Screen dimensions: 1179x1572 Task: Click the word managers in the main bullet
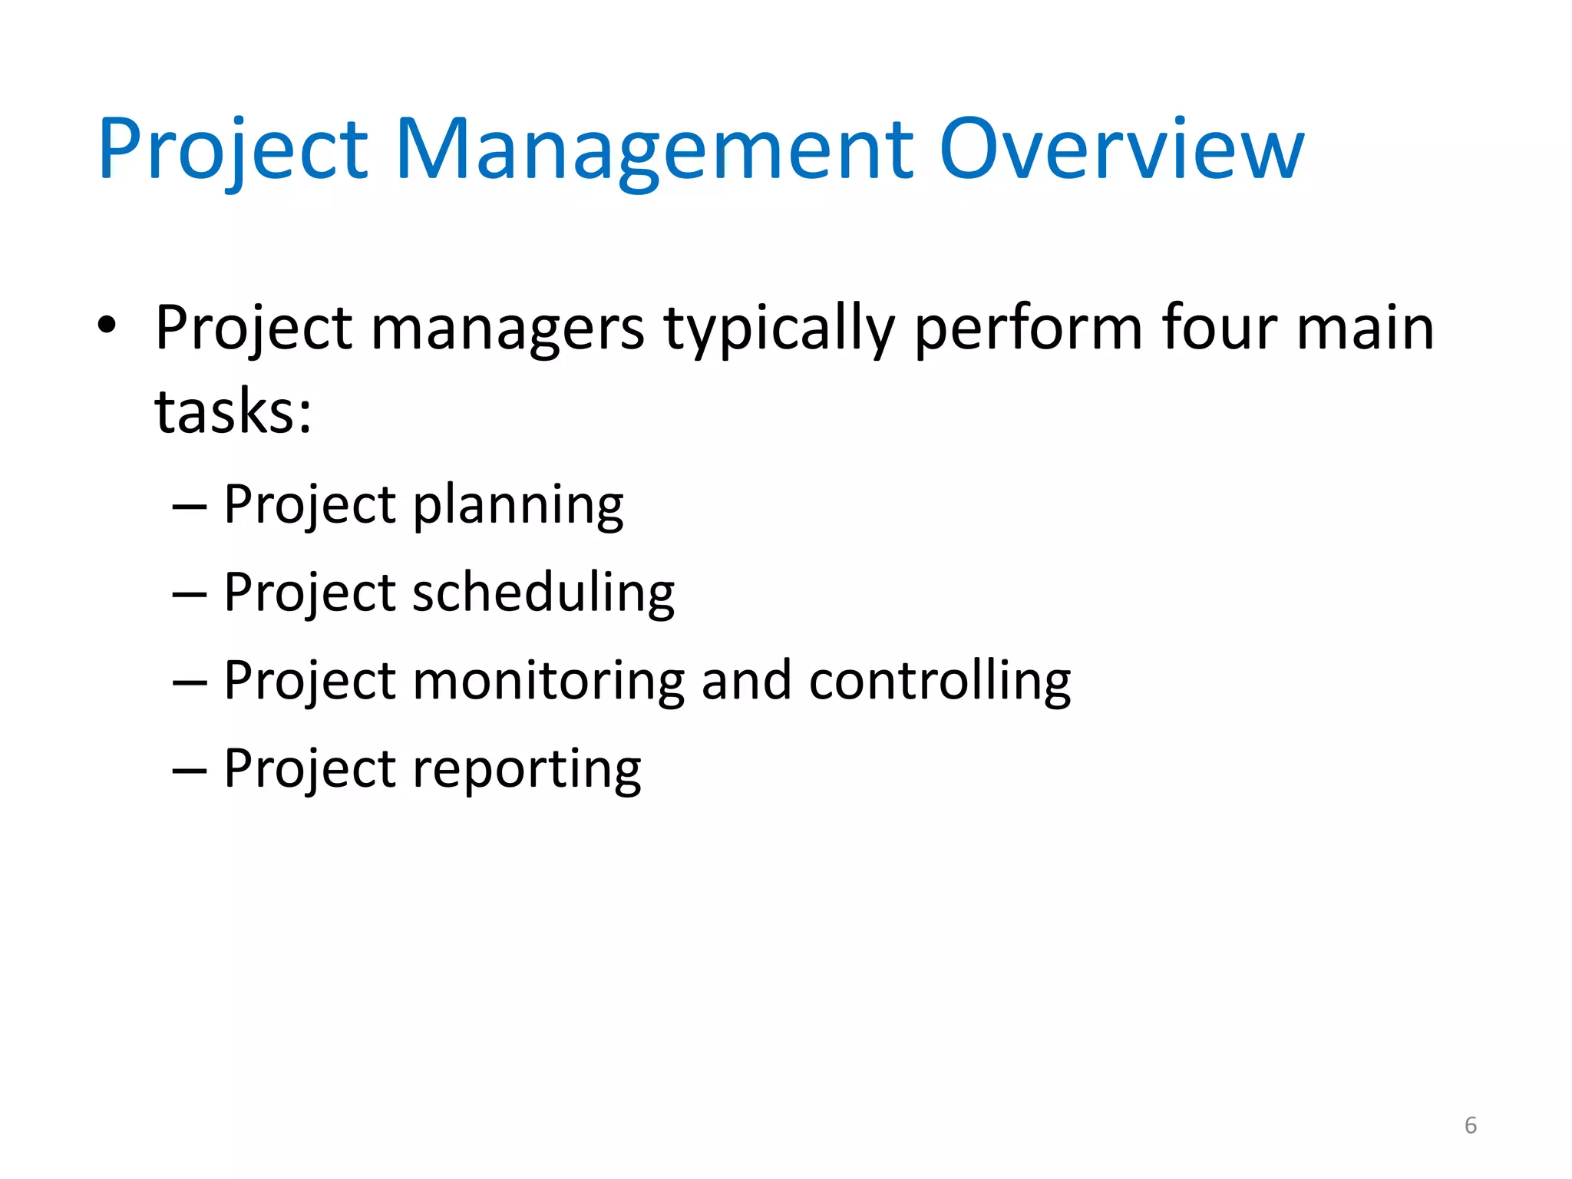click(507, 329)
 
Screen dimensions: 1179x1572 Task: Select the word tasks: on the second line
click(233, 412)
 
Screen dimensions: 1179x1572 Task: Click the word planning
click(518, 507)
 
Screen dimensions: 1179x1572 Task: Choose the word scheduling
click(543, 593)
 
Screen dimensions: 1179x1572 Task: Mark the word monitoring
click(548, 682)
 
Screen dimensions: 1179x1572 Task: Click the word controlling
click(940, 682)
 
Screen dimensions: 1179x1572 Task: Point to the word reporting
click(527, 770)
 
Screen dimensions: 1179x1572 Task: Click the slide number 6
click(1470, 1125)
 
